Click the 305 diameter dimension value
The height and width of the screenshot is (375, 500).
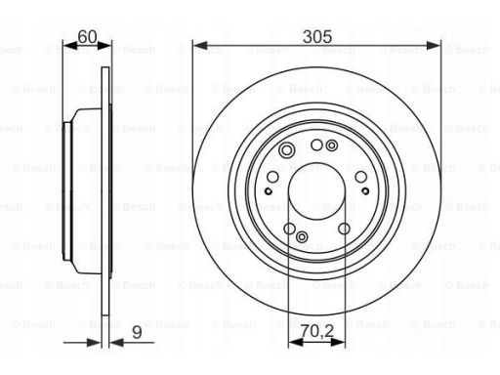click(317, 36)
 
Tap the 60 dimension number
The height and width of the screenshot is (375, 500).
click(87, 36)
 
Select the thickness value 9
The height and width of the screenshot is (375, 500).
click(137, 332)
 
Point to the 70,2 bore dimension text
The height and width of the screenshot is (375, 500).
click(317, 331)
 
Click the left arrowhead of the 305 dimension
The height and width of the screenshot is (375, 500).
click(200, 46)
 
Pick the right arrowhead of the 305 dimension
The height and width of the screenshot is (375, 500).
click(434, 46)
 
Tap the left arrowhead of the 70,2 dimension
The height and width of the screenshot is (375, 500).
click(296, 342)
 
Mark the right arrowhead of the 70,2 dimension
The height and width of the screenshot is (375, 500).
click(338, 342)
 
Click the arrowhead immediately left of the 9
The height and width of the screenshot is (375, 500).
click(116, 343)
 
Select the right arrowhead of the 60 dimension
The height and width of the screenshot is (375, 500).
click(104, 46)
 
